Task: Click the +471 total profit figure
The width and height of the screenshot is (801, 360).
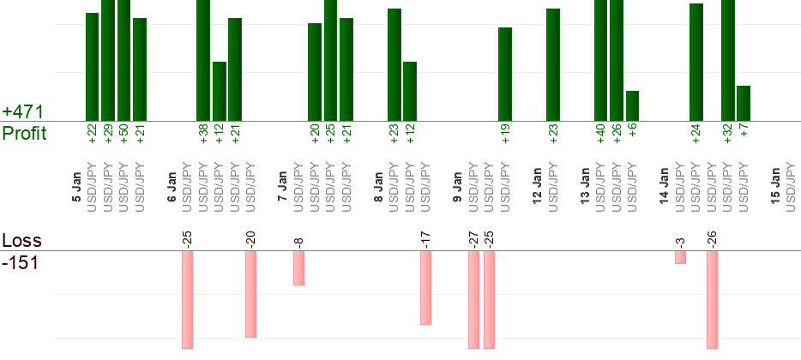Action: (23, 111)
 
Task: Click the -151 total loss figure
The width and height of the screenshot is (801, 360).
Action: (21, 262)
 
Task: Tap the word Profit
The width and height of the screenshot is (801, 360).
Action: (24, 133)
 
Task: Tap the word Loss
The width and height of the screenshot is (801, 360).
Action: (21, 240)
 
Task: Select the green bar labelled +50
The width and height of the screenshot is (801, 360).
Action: (123, 60)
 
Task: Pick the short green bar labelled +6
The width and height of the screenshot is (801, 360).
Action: (632, 105)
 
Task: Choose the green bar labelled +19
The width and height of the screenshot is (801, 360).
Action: (505, 74)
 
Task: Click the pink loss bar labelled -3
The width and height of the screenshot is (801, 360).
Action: (680, 257)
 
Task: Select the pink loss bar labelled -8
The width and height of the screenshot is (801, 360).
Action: (298, 267)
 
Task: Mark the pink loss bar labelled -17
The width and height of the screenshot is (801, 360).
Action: (425, 287)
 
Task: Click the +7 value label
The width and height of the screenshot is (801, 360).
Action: (744, 134)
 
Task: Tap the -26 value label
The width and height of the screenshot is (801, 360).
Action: (712, 238)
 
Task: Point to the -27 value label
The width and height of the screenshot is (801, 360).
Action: (473, 238)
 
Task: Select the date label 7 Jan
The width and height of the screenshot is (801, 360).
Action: (283, 187)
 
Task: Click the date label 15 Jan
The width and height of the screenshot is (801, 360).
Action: (775, 187)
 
